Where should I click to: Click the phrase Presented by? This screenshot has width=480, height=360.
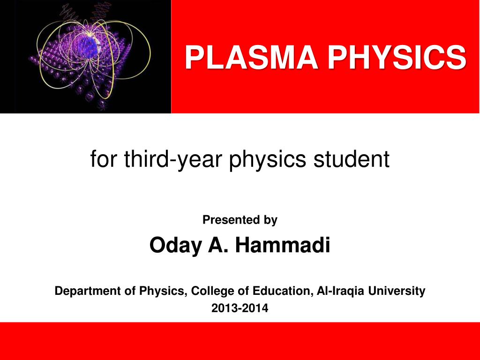(240, 220)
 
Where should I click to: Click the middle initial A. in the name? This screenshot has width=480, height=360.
(219, 245)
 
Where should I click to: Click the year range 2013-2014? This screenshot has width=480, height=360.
(240, 308)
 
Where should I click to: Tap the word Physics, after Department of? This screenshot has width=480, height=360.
(162, 291)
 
